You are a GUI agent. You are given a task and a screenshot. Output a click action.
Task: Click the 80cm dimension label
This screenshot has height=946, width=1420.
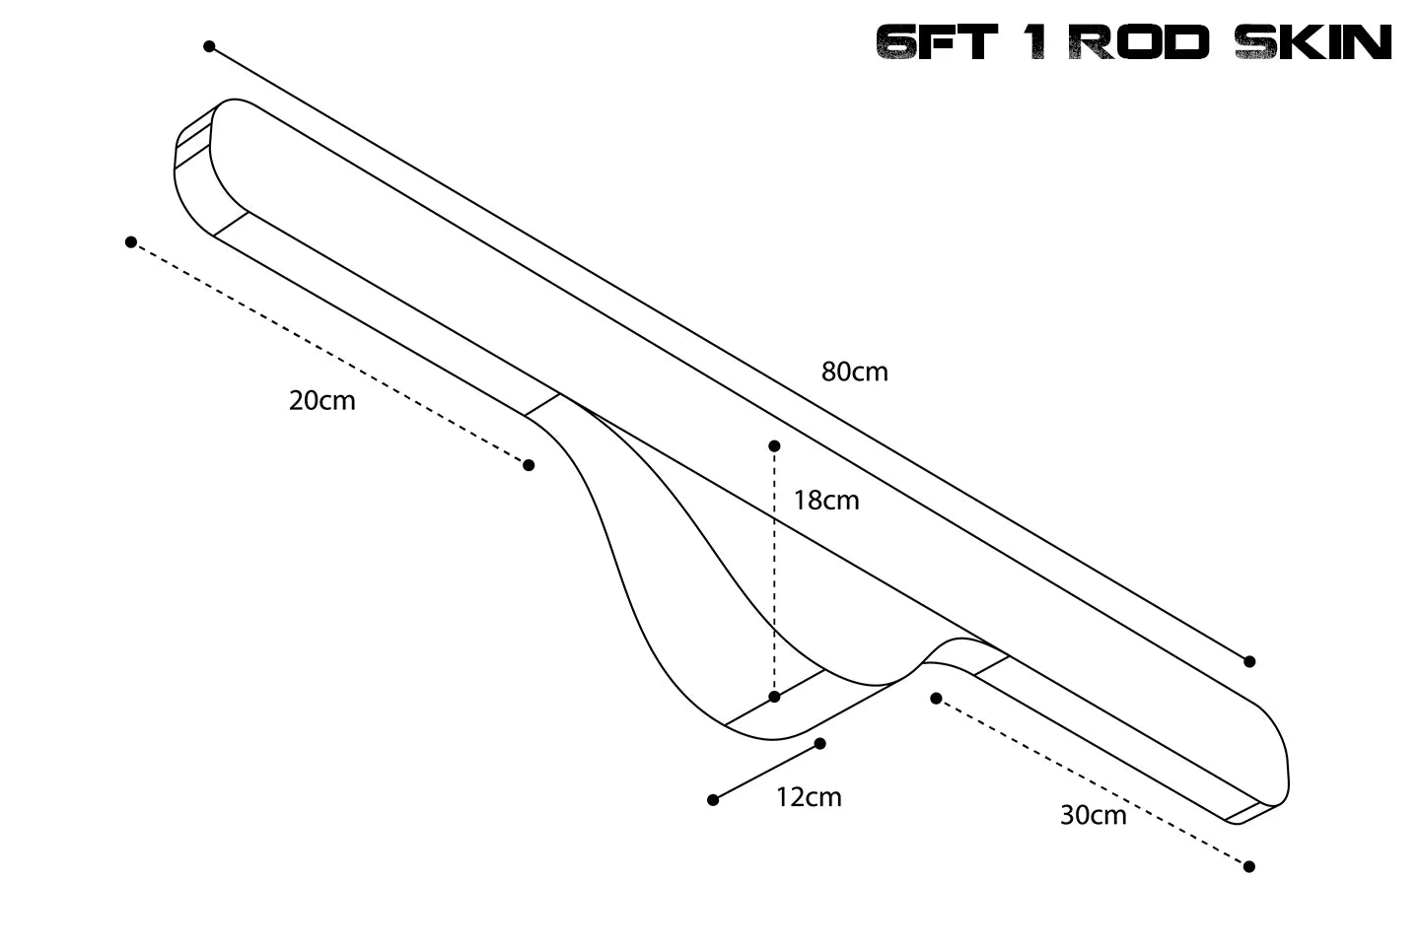click(854, 372)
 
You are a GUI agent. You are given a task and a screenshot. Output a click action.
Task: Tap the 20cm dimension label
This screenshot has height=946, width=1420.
click(321, 401)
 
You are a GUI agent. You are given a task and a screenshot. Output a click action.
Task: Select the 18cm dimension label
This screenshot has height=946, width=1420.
click(825, 501)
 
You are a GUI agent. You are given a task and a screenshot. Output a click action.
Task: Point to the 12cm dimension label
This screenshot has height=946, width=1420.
click(809, 797)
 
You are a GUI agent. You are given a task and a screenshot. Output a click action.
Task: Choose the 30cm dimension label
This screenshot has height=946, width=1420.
click(1093, 815)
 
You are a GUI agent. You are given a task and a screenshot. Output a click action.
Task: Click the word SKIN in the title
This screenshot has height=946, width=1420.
click(1313, 43)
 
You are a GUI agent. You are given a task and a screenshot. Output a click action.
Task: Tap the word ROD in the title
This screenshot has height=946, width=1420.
click(1139, 43)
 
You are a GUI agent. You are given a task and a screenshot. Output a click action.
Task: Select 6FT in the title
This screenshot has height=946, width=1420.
click(937, 43)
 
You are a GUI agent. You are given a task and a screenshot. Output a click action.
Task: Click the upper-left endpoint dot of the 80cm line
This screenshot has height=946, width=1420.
click(209, 46)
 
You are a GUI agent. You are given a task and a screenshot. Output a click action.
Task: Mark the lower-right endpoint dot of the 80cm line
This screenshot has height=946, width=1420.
click(1249, 661)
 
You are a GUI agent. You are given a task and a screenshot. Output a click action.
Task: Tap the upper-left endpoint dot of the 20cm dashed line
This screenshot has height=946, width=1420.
click(131, 241)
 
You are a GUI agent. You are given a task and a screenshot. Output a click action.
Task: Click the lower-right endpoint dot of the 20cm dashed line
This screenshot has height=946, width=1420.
click(529, 465)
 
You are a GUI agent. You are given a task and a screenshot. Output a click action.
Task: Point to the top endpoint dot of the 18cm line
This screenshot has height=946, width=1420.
click(774, 446)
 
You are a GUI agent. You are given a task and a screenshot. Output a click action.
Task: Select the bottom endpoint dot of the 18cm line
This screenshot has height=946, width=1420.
click(774, 697)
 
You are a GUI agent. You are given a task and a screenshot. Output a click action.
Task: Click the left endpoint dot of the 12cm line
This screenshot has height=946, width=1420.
click(713, 800)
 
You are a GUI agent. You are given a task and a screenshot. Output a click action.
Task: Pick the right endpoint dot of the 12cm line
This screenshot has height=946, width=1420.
click(819, 743)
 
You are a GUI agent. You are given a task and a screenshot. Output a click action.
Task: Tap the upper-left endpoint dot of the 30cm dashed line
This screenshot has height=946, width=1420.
click(936, 698)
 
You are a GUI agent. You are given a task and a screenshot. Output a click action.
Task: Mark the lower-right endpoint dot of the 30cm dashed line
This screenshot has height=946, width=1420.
click(1249, 866)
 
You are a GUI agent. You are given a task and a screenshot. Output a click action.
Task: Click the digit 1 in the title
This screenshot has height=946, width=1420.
click(1034, 43)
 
